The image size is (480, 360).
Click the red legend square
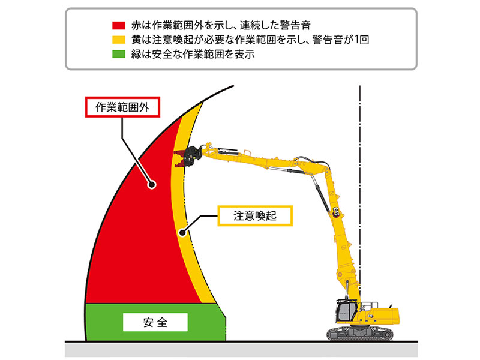pos(118,26)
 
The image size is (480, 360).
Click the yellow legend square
pos(118,40)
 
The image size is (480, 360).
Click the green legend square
pos(118,53)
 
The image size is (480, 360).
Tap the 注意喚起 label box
pos(255,215)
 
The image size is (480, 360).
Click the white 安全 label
pos(155,322)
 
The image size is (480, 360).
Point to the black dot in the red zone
pos(151,185)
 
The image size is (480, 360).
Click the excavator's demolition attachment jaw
pos(183,157)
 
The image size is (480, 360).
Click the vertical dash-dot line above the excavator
pos(359,120)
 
